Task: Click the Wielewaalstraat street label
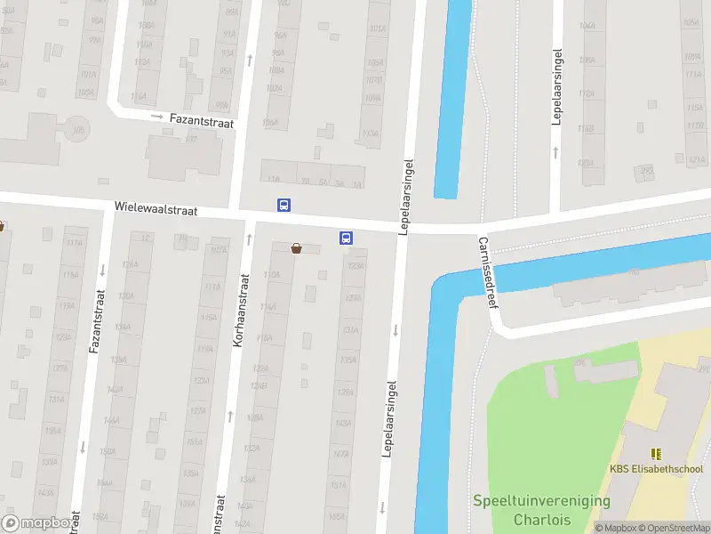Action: click(155, 208)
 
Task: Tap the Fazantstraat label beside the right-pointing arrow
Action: click(202, 121)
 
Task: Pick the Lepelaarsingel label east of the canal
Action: click(557, 86)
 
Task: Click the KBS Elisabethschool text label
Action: click(656, 469)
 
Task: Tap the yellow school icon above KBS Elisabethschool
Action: click(656, 454)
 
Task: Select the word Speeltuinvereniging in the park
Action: click(541, 501)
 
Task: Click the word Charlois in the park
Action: click(541, 519)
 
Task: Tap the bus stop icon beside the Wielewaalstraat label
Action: click(284, 205)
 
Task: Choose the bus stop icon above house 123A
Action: click(346, 238)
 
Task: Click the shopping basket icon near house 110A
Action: click(296, 249)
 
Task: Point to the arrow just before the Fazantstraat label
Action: click(156, 117)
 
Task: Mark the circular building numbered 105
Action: click(78, 128)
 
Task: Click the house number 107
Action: click(190, 141)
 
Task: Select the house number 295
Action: click(646, 170)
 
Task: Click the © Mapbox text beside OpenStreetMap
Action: click(617, 528)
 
